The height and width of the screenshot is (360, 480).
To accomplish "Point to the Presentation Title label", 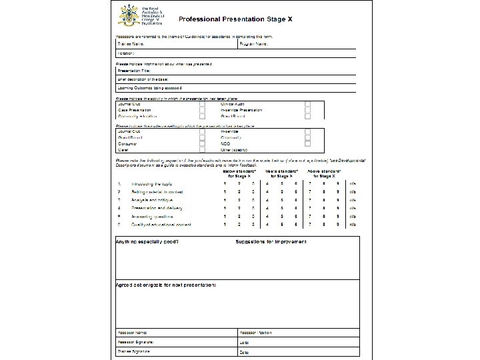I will coord(134,69).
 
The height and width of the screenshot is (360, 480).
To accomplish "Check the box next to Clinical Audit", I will coord(307,104).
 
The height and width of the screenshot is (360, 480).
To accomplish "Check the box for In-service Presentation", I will coord(307,111).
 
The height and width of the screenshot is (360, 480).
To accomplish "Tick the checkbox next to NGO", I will coord(307,143).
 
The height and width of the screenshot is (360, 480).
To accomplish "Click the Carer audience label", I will coord(123,149).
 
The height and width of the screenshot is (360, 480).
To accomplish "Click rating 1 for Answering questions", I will coord(225,217).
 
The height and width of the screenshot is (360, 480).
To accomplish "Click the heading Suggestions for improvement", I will coord(271,241).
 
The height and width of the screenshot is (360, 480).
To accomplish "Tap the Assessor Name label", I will coord(132,331).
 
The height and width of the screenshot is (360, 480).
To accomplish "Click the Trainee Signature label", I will coord(135,351).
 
